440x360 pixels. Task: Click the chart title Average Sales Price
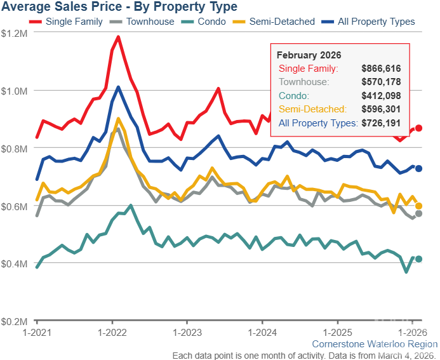(119, 7)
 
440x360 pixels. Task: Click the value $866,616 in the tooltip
(381, 69)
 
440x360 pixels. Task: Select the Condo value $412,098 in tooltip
(381, 96)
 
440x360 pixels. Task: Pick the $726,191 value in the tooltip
(381, 123)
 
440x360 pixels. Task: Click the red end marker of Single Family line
(418, 128)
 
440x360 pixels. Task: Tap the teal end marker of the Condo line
(418, 259)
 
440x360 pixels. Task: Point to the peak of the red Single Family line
(118, 37)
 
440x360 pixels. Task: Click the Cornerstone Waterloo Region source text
(375, 344)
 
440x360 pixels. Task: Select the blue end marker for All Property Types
(418, 168)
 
